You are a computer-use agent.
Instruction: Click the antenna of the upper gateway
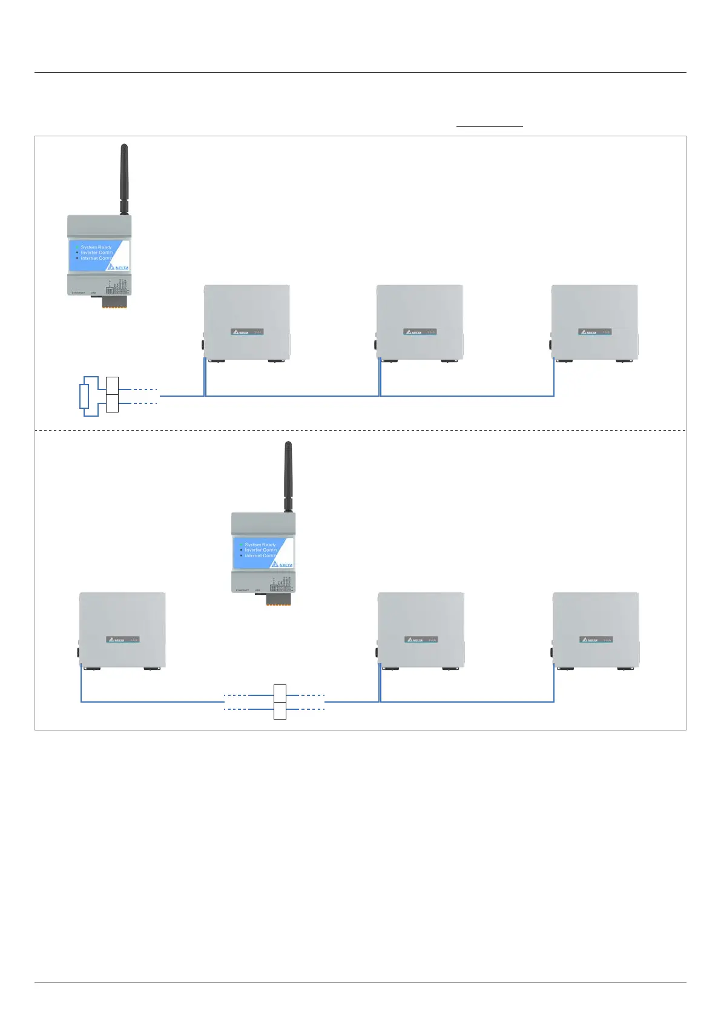click(x=124, y=179)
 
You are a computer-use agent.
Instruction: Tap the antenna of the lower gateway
click(x=288, y=476)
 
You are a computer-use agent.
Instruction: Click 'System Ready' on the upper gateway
click(x=96, y=247)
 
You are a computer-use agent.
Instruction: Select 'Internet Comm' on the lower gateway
click(x=260, y=555)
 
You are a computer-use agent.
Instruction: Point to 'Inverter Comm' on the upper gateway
click(x=97, y=253)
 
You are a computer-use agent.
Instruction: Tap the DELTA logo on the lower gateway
click(x=283, y=565)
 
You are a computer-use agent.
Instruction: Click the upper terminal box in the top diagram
click(x=112, y=385)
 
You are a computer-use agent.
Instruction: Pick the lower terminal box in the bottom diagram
click(x=280, y=710)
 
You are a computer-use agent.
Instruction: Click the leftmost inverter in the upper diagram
click(x=247, y=322)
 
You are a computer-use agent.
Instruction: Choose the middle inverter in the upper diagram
click(x=420, y=322)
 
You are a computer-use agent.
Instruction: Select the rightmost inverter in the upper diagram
click(x=594, y=322)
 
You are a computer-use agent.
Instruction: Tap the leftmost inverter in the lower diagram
click(x=122, y=630)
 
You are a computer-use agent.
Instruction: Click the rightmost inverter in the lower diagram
click(x=596, y=630)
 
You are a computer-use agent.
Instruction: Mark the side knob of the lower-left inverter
click(x=79, y=653)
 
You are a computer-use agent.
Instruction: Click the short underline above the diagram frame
click(x=489, y=126)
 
